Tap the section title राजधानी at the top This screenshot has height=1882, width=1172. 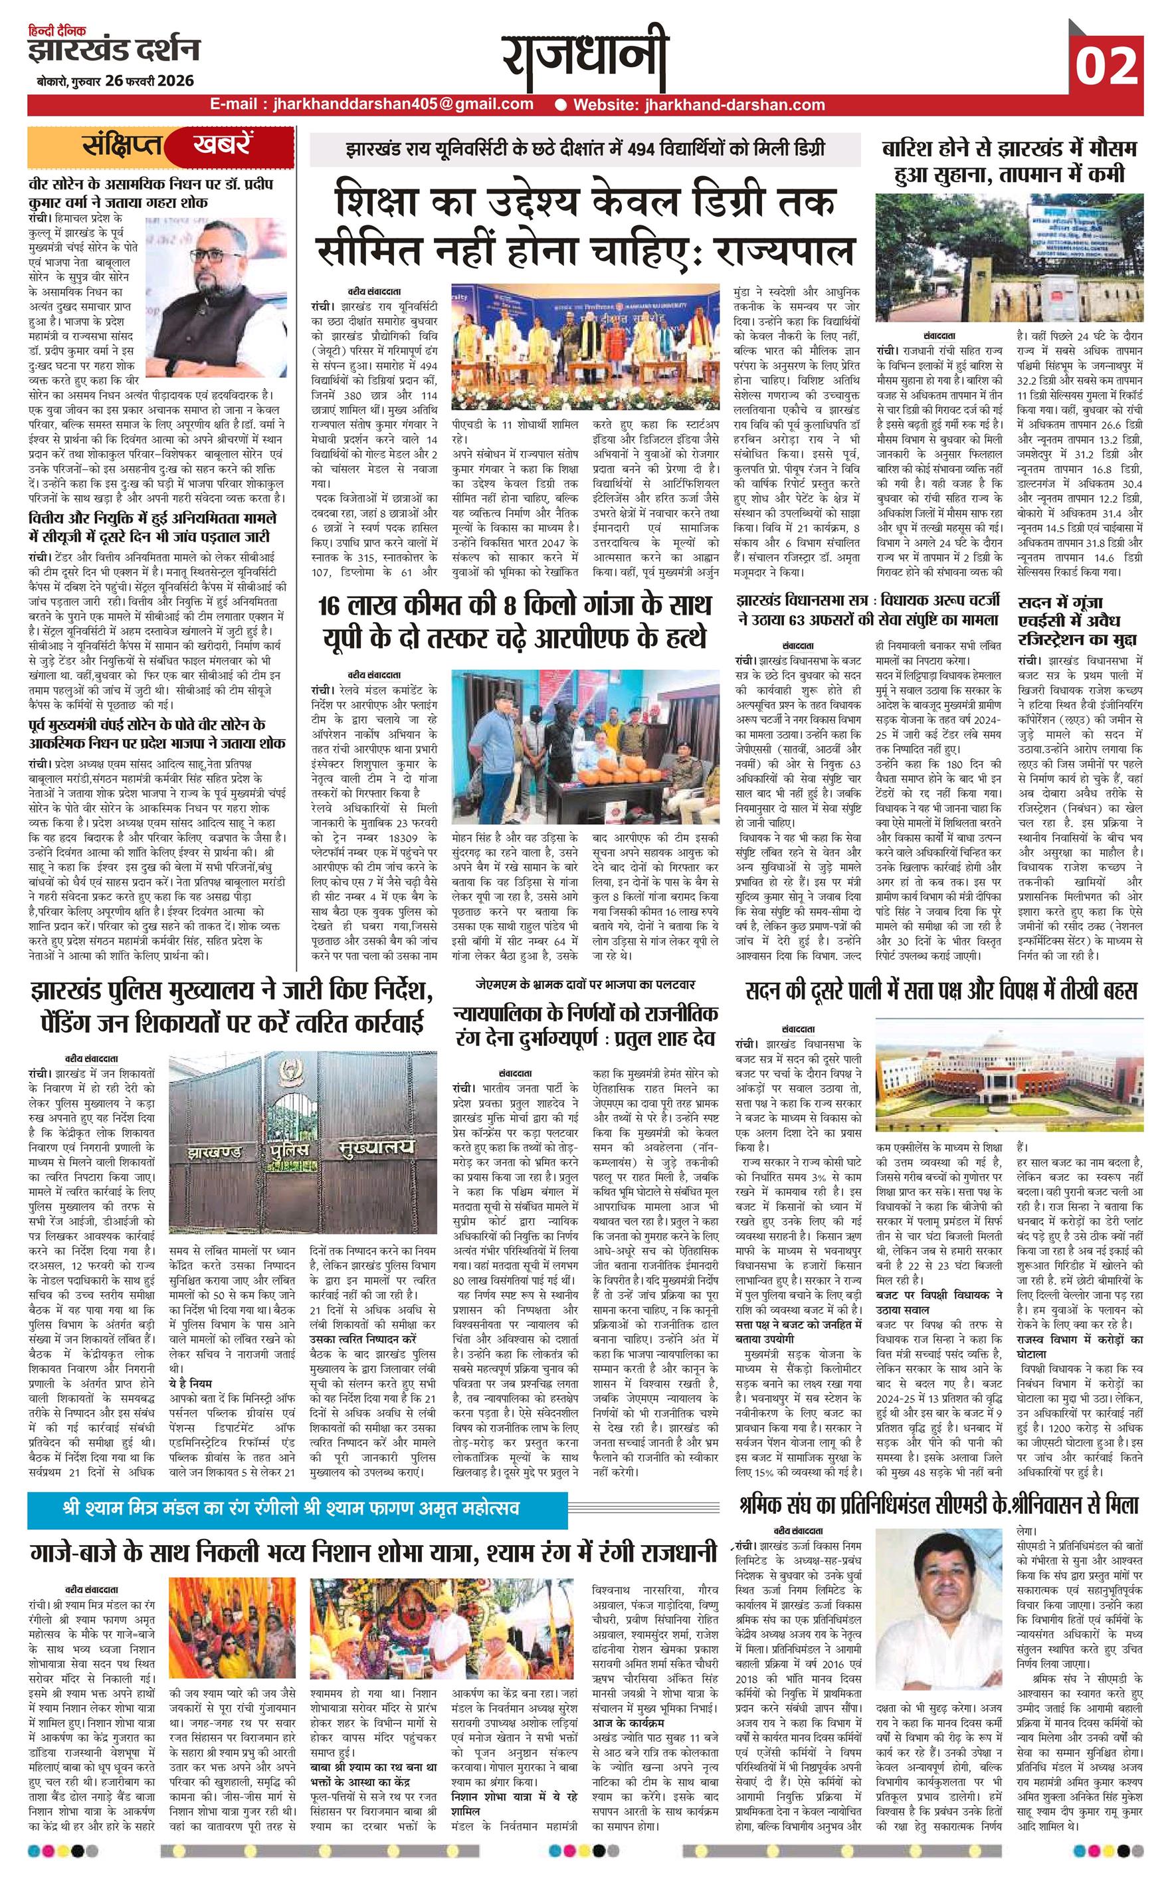coord(585,61)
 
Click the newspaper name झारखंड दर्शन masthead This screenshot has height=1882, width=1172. coord(113,51)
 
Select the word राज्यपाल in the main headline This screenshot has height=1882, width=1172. coord(783,251)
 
